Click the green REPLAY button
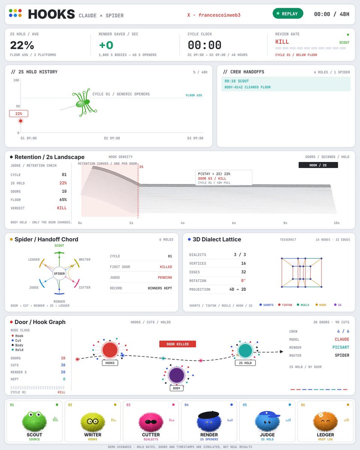tap(288, 13)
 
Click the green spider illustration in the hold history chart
tap(84, 103)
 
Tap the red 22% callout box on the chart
tap(19, 114)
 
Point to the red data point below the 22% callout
tap(21, 121)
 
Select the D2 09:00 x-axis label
tap(112, 138)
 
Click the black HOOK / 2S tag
tap(318, 165)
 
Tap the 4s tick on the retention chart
tap(183, 223)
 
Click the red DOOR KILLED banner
tap(178, 344)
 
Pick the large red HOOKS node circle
tap(110, 350)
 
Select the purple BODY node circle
tap(177, 375)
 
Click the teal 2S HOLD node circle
tap(245, 351)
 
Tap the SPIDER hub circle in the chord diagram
tap(59, 273)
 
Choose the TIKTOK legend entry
tap(285, 305)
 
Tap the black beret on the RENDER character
tap(209, 414)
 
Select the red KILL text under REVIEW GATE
tap(282, 42)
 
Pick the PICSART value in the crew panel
tap(341, 347)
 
